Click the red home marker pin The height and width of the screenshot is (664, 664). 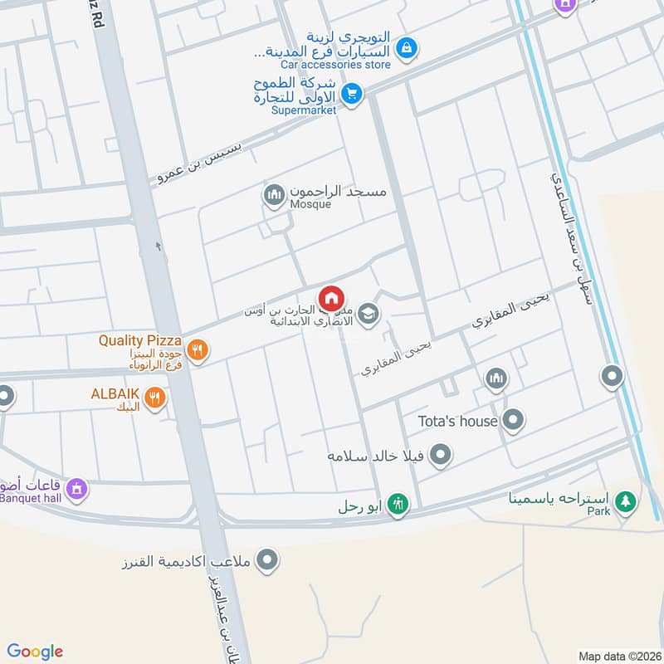[x=331, y=297]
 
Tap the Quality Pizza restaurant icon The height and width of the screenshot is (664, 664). [x=197, y=349]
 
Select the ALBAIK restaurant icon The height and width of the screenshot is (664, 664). [x=154, y=398]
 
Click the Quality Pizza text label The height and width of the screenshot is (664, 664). [x=133, y=340]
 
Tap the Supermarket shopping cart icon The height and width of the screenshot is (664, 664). [x=352, y=94]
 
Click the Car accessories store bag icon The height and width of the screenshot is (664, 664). [x=405, y=47]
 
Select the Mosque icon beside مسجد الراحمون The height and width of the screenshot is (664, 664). [x=273, y=197]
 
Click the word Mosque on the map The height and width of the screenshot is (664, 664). [x=310, y=204]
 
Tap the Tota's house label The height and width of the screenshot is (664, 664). [x=457, y=421]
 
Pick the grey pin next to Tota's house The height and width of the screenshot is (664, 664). [x=514, y=421]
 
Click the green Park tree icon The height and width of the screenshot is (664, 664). [x=626, y=501]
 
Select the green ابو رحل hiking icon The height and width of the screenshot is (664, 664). [x=398, y=504]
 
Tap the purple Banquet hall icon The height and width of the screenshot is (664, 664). [x=76, y=490]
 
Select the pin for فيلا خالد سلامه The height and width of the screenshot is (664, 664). [x=442, y=455]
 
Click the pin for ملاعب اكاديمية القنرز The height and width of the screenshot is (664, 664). [x=267, y=562]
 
